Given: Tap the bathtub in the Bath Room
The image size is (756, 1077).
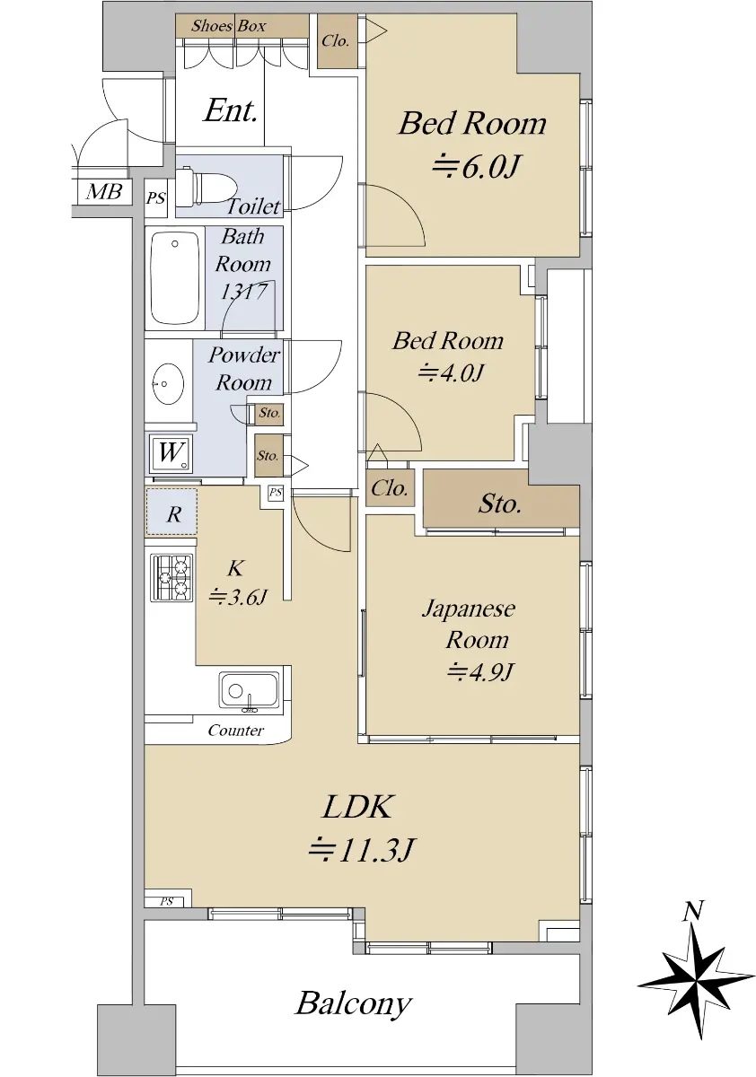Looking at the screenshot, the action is (x=174, y=278).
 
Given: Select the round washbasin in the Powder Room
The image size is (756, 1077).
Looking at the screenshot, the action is (x=166, y=383).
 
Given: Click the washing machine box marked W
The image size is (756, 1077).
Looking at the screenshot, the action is (x=171, y=453).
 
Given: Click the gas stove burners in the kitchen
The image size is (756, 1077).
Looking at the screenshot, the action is (x=171, y=577).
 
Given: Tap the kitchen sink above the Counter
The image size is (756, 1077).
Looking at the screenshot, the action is (x=249, y=690).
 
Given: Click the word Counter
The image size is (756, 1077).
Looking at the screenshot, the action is (x=235, y=731).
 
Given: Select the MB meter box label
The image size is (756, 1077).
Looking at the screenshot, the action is (x=103, y=192).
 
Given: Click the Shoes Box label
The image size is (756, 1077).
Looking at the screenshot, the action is (x=228, y=26).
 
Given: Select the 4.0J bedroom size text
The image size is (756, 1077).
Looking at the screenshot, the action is (x=450, y=372).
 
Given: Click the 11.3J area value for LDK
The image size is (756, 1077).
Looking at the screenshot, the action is (x=361, y=850).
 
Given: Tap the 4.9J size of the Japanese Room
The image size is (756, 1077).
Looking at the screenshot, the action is (x=481, y=671).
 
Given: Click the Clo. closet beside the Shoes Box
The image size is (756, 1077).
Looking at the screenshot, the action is (x=337, y=41).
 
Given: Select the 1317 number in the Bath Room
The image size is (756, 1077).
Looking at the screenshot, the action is (x=243, y=292).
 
